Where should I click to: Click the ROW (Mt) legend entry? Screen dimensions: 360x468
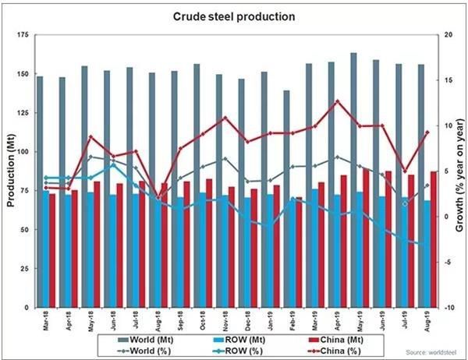[x=243, y=339]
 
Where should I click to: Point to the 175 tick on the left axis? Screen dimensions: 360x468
[x=23, y=36]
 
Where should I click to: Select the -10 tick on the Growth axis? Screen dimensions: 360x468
[x=445, y=307]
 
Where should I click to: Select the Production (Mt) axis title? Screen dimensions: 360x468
[x=10, y=171]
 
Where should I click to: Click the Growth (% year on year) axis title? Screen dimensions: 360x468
[x=459, y=171]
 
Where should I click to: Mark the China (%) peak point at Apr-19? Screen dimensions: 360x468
[x=337, y=101]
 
